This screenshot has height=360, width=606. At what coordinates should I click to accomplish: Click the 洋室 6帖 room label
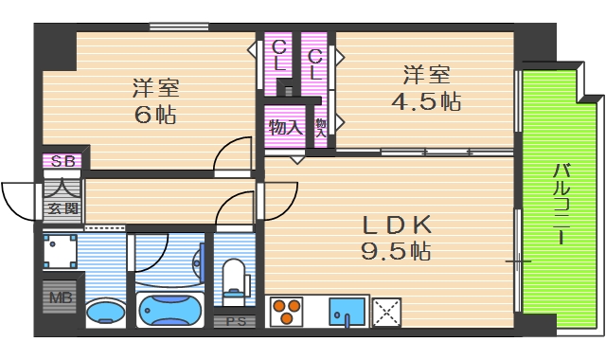[x=154, y=102]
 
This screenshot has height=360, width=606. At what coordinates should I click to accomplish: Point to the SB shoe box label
[x=62, y=161]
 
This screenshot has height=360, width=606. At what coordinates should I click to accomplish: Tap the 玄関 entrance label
[x=62, y=208]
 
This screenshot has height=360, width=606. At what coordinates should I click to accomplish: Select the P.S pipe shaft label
[x=235, y=322]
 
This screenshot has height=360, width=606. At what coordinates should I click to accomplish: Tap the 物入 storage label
[x=284, y=126]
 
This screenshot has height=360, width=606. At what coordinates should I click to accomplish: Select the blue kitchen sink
[x=348, y=312]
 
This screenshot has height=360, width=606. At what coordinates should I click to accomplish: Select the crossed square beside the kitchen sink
[x=385, y=312]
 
